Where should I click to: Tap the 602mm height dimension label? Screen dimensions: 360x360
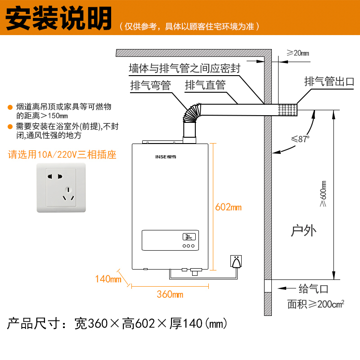[x=229, y=207]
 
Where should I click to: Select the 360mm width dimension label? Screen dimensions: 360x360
[x=170, y=295]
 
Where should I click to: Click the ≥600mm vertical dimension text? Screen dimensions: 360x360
[x=323, y=193]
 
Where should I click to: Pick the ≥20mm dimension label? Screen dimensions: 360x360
[x=298, y=53]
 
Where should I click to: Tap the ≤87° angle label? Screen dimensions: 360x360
[x=301, y=139]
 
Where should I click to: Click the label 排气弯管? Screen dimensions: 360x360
[x=150, y=85]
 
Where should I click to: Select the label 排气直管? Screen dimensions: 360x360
[x=205, y=85]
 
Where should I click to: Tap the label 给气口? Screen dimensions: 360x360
[x=314, y=288]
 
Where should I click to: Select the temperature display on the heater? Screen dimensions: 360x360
[x=188, y=237]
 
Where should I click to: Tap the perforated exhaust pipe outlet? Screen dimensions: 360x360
[x=288, y=109]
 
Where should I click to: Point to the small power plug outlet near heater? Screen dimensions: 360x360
[x=236, y=261]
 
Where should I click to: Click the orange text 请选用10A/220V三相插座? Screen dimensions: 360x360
[x=63, y=155]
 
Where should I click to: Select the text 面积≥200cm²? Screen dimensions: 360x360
[x=316, y=305]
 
